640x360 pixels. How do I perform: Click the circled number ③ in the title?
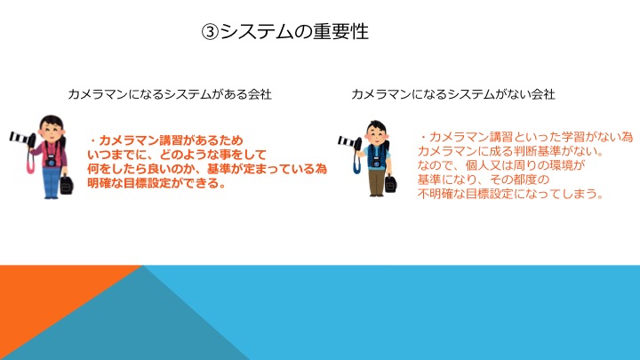[x=210, y=32]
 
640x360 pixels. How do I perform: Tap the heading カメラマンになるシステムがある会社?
[x=170, y=94]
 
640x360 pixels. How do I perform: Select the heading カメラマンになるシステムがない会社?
[x=453, y=94]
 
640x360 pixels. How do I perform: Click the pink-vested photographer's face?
[x=51, y=130]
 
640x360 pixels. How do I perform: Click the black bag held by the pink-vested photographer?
[x=66, y=185]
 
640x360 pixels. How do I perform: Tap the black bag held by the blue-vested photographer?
[x=390, y=184]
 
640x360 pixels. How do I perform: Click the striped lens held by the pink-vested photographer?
[x=21, y=138]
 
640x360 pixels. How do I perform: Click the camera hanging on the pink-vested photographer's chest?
[x=51, y=161]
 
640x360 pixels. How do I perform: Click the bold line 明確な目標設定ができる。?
[x=156, y=183]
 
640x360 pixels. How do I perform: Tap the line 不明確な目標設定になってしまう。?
[x=510, y=194]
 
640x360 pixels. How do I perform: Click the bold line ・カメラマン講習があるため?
[x=165, y=140]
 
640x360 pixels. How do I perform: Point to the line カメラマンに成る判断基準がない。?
[x=510, y=151]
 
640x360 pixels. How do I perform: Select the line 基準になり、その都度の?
[x=484, y=180]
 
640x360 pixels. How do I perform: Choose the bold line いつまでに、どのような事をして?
[x=177, y=155]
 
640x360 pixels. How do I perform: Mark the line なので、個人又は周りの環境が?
[x=501, y=165]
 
